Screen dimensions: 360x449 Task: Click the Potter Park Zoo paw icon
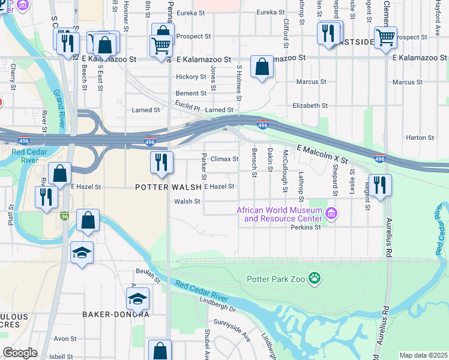pyautogui.click(x=314, y=278)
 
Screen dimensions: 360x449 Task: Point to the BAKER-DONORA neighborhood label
pyautogui.click(x=116, y=314)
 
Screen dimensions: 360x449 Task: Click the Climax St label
pyautogui.click(x=224, y=159)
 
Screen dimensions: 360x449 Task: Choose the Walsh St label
pyautogui.click(x=187, y=202)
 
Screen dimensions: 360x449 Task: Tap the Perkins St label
pyautogui.click(x=306, y=227)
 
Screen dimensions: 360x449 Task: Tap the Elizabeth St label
pyautogui.click(x=310, y=105)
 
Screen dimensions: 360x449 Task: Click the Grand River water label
pyautogui.click(x=59, y=109)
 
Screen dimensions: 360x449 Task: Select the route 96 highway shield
pyautogui.click(x=64, y=216)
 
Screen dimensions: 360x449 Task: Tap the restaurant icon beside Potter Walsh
pyautogui.click(x=161, y=163)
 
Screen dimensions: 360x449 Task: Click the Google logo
pyautogui.click(x=20, y=353)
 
